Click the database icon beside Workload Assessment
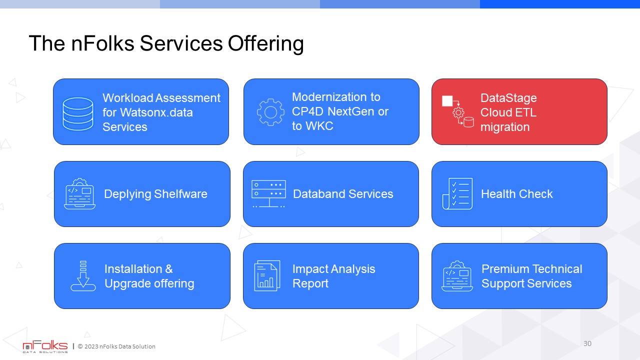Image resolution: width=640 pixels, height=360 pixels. coord(77,113)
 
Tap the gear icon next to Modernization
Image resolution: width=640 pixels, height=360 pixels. coord(270,112)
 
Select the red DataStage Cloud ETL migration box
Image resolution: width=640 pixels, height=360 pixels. coord(519,111)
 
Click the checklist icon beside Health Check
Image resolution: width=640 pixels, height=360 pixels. coord(457,193)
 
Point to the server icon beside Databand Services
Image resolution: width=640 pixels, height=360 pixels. coord(268,193)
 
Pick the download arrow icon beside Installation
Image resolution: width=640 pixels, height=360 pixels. coord(83,275)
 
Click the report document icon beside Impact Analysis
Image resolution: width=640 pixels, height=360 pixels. coord(267,275)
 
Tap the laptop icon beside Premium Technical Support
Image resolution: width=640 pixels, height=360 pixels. coord(457,276)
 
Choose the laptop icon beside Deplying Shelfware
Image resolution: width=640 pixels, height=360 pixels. coord(79,193)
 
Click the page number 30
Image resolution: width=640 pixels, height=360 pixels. coord(587,343)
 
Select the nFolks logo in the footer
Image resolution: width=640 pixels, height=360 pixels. coord(45,346)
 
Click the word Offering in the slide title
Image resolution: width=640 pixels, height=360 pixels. coord(265,44)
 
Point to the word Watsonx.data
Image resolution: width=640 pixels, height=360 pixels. coord(156,112)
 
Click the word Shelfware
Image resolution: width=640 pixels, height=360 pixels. coord(180,194)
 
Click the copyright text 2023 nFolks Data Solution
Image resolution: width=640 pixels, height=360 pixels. coord(119,346)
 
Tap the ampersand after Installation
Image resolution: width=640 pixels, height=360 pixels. coord(169,269)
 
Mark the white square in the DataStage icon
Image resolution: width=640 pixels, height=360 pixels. coord(447,101)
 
